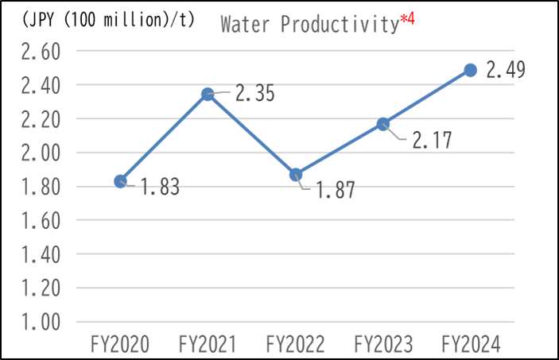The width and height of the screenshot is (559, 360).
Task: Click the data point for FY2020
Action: point(120,181)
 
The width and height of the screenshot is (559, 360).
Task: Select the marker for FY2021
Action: point(208,94)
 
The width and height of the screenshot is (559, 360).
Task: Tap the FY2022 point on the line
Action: point(295,175)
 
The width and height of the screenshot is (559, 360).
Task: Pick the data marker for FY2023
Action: point(382,124)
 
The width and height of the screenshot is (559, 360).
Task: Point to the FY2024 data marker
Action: point(470,70)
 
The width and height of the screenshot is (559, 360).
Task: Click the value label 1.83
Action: point(161,188)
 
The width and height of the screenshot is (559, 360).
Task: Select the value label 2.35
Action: point(255,94)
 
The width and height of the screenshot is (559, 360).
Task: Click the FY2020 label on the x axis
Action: point(120,344)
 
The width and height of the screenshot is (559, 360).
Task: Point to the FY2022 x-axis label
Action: point(295,344)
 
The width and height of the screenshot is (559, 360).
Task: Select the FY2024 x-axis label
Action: point(470,344)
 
